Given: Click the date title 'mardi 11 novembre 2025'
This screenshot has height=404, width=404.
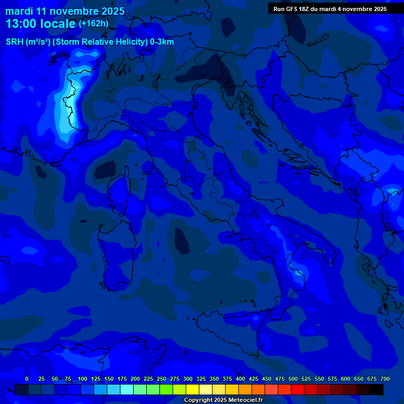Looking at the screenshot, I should tap(65, 11).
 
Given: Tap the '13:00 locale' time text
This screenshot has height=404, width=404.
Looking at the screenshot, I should tap(41, 24).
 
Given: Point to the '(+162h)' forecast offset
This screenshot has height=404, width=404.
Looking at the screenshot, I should tap(94, 24).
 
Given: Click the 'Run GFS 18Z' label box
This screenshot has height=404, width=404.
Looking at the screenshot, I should tap(330, 9).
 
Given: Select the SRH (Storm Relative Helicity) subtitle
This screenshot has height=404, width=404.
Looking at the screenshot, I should tap(89, 42).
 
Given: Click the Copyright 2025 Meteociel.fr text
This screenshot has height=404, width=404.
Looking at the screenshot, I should tap(223, 400).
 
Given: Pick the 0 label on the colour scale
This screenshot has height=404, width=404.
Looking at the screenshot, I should tap(27, 379).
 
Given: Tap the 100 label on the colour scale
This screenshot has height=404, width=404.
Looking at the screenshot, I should tap(83, 379).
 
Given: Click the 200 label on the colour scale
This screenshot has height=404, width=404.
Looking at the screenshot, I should tap(135, 379).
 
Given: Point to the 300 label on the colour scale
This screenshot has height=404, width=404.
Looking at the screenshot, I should tap(188, 379).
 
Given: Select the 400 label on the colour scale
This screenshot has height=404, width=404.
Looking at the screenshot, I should tap(240, 379).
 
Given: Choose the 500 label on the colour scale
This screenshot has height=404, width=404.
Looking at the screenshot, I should tap(293, 379).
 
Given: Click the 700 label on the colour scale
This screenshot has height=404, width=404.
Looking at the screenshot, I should tap(385, 379).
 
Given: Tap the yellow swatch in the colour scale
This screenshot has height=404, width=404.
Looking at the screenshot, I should tap(193, 390).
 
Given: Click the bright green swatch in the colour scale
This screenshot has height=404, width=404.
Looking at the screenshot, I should tap(166, 390).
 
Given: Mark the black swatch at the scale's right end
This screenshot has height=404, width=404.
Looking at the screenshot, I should tap(377, 390).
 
